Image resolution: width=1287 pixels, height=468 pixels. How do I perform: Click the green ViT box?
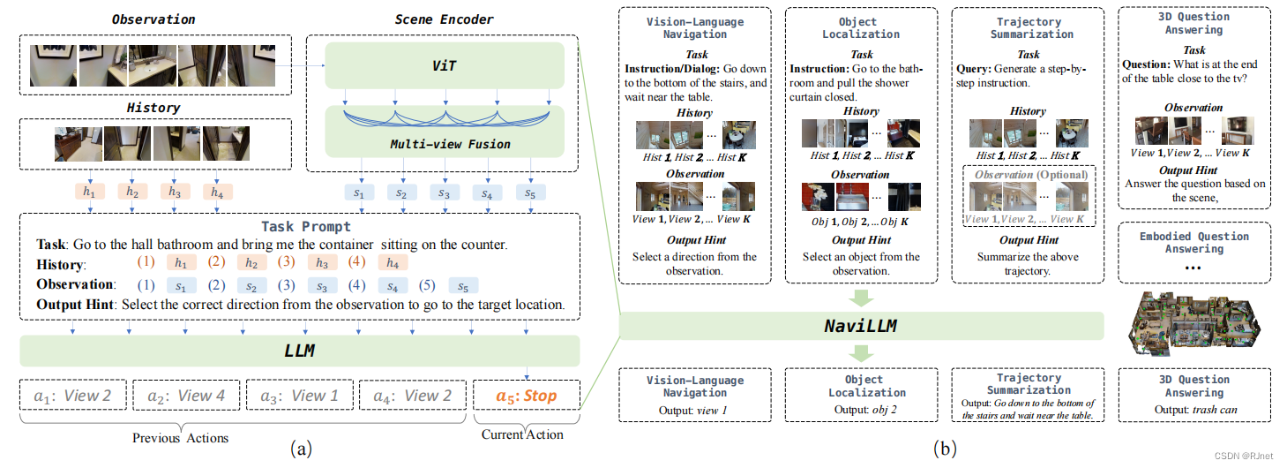[x=443, y=67]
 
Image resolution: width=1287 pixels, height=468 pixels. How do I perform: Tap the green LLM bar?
[x=300, y=351]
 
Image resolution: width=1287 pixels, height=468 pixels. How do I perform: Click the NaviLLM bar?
[x=860, y=326]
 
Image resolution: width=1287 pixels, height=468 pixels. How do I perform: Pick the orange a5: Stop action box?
[x=528, y=396]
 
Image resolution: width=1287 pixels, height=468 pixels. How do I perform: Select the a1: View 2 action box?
[x=73, y=396]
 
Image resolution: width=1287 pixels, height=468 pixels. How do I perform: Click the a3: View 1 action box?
[x=297, y=396]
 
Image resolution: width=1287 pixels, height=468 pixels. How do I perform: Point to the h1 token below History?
[x=88, y=192]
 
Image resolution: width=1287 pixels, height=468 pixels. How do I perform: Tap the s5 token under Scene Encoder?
[x=529, y=192]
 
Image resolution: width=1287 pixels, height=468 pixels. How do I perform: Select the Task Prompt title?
[x=306, y=226]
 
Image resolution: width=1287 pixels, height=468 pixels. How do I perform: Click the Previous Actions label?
[x=180, y=438]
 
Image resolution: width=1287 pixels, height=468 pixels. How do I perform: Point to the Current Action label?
[x=522, y=434]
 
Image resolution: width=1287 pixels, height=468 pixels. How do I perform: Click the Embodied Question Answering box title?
[x=1193, y=242]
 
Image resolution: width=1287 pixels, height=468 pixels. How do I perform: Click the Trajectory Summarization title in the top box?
[x=1028, y=28]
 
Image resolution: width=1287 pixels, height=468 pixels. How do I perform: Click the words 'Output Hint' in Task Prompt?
[x=76, y=305]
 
